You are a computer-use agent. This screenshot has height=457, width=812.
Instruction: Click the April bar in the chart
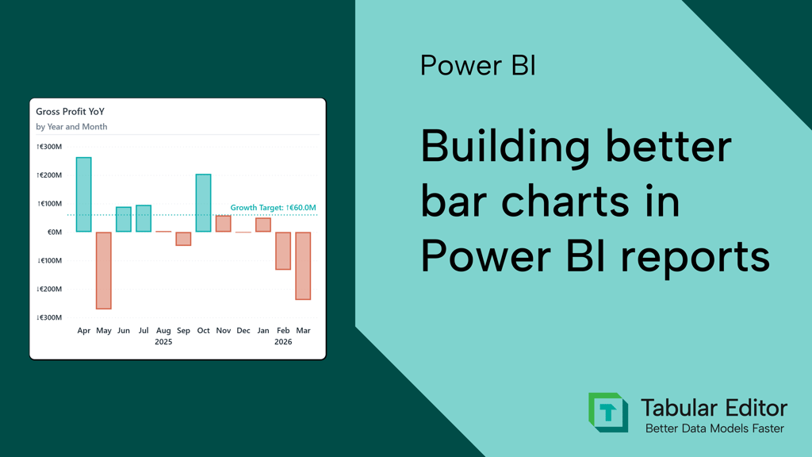tap(83, 194)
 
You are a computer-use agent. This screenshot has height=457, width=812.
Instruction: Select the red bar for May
tap(103, 271)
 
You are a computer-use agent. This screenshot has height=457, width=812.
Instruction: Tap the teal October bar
tap(203, 203)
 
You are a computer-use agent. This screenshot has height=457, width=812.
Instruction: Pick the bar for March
tap(303, 266)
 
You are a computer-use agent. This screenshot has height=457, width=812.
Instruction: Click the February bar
tap(283, 251)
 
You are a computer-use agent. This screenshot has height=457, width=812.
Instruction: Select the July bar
tap(144, 219)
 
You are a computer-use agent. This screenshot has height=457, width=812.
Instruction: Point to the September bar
tap(183, 239)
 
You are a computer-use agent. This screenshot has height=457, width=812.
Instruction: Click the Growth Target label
tap(273, 208)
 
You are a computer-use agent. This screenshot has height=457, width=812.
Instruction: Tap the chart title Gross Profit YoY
tap(70, 112)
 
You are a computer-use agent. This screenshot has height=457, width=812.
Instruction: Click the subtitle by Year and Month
tap(71, 127)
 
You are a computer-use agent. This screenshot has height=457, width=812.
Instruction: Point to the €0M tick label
tap(54, 232)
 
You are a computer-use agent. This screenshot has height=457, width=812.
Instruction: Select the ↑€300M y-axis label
tap(49, 147)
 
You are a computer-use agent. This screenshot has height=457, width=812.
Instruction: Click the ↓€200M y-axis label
tap(49, 289)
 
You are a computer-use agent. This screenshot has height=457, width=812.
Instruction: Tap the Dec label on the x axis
tap(243, 331)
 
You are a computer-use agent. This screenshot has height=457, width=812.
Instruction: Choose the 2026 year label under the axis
tap(283, 342)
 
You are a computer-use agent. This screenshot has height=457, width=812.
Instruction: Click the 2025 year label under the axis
tap(163, 342)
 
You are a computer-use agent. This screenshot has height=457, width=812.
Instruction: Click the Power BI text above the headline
tap(477, 66)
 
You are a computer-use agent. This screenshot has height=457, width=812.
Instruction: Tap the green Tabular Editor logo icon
tap(608, 413)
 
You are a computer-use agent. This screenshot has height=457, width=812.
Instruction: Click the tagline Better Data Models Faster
tap(714, 428)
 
